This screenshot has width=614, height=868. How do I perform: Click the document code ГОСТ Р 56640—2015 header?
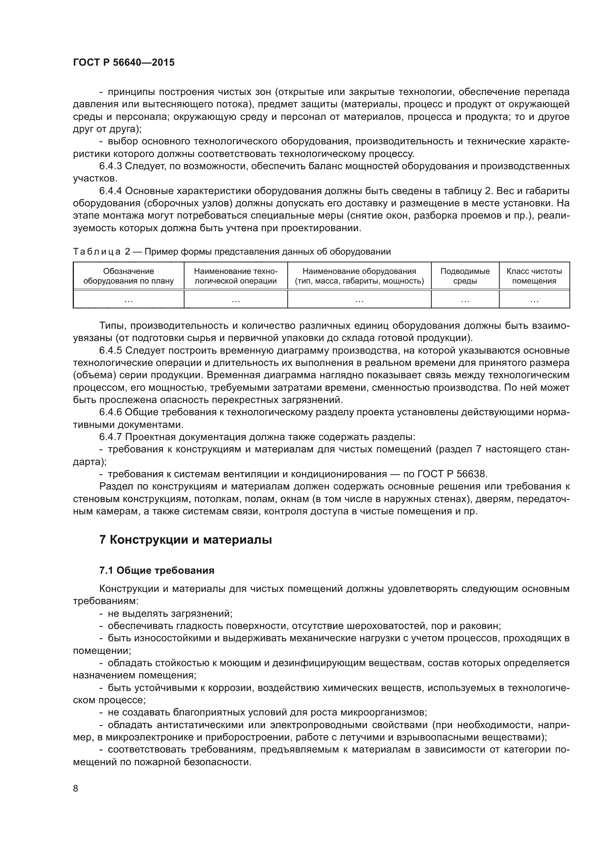[x=124, y=63]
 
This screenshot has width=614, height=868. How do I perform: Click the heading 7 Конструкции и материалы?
[x=185, y=540]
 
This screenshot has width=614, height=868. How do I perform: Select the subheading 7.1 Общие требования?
[x=157, y=570]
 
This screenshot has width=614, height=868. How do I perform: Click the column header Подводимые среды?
[x=465, y=276]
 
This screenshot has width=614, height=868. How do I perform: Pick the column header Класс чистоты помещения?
[x=534, y=276]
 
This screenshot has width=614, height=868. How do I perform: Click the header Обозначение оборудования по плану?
[x=128, y=276]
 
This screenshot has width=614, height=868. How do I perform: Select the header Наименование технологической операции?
[x=236, y=276]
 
